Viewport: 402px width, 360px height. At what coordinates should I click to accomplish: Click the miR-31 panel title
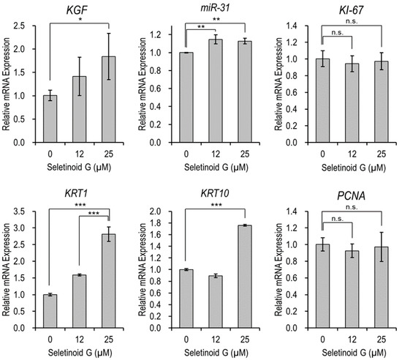(x=205, y=8)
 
